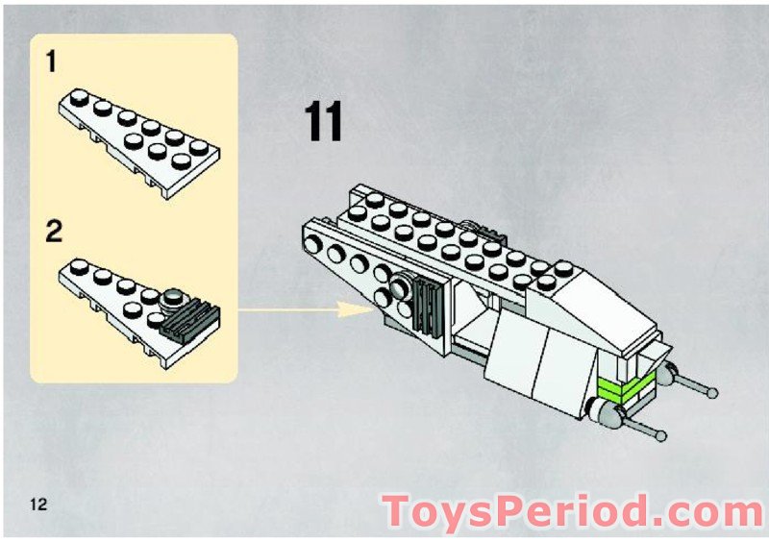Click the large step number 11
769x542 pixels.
pyautogui.click(x=324, y=122)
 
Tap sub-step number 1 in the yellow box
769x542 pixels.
pyautogui.click(x=50, y=63)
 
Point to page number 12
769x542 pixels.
pyautogui.click(x=38, y=505)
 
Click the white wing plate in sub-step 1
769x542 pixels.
pyautogui.click(x=139, y=139)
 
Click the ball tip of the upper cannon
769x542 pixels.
pyautogui.click(x=712, y=393)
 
